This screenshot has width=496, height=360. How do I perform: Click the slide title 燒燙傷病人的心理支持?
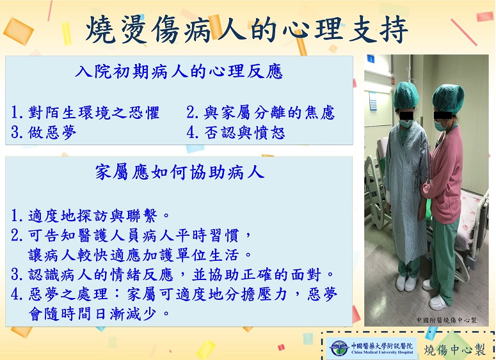[x=247, y=29]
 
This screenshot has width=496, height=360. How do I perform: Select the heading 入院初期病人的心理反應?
[x=179, y=72]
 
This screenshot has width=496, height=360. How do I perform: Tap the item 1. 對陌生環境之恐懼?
[x=85, y=113]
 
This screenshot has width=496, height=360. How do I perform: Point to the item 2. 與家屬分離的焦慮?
[x=260, y=113]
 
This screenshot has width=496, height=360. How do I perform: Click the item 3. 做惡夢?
[x=44, y=133]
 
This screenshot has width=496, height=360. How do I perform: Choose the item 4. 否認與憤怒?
[x=236, y=133]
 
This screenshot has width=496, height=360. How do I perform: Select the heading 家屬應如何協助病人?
[x=180, y=173]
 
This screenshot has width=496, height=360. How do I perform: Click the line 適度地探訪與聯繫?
[x=90, y=215]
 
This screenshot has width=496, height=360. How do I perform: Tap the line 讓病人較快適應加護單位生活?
[x=140, y=255]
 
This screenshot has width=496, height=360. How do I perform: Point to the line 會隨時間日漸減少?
[x=99, y=314]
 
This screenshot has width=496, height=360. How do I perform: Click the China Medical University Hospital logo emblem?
[x=338, y=348]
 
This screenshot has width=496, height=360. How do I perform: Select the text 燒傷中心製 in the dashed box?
[x=454, y=350]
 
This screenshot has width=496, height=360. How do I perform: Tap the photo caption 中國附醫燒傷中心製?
[x=446, y=320]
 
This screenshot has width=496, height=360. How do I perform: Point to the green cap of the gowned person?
[x=406, y=95]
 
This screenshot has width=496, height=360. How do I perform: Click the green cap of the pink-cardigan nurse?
[x=448, y=98]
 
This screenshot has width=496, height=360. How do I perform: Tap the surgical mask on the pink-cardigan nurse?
[x=440, y=125]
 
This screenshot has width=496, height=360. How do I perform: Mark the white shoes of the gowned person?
[x=408, y=281]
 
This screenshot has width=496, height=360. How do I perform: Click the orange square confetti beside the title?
[x=18, y=31]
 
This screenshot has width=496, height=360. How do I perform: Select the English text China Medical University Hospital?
[x=382, y=352]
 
